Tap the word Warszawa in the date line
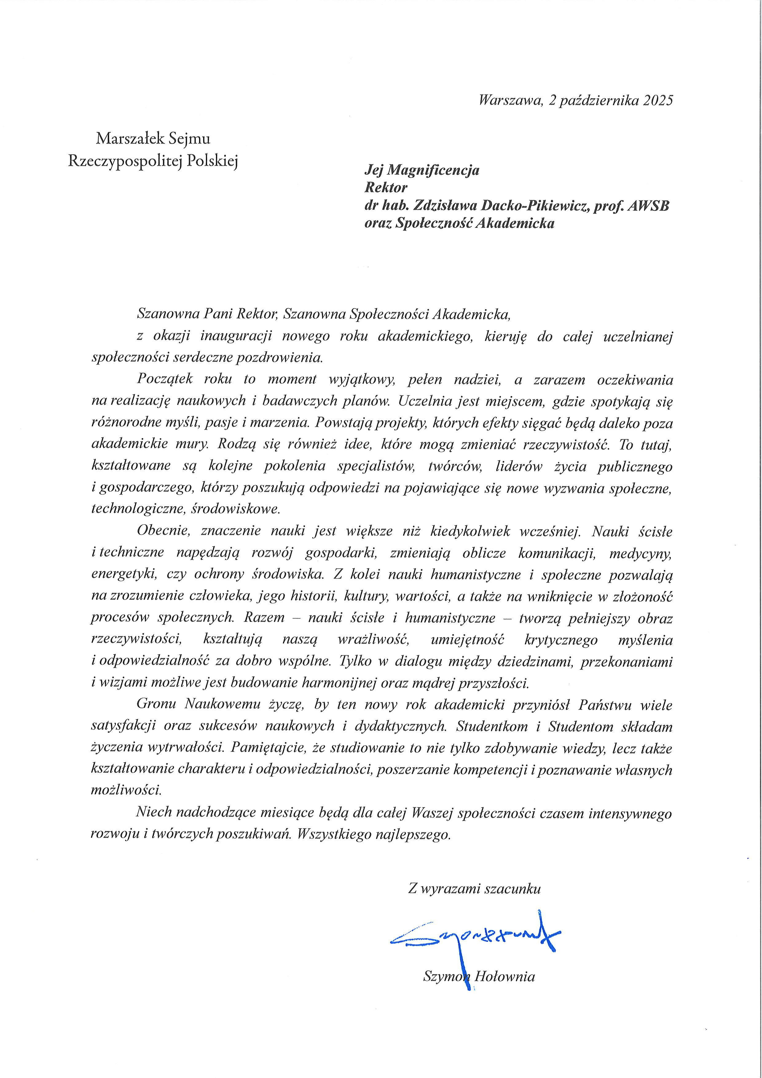(x=509, y=101)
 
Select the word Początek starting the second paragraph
(x=164, y=379)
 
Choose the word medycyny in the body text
(x=640, y=553)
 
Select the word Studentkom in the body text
(x=491, y=726)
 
